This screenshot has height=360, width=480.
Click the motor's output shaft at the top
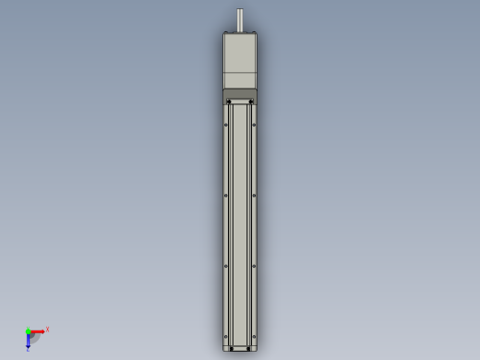coord(240,20)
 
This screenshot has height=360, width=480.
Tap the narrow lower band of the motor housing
coord(240,81)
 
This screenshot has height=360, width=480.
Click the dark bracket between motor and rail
coord(240,95)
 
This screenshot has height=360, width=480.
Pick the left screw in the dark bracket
coord(228,102)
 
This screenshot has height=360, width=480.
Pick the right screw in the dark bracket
coord(252,102)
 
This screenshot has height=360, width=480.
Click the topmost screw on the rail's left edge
coord(226,126)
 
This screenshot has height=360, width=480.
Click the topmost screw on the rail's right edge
coord(254,126)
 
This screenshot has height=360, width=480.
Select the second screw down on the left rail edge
coord(226,196)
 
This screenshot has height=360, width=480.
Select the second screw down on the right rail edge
coord(254,196)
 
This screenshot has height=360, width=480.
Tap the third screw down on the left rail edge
coord(226,267)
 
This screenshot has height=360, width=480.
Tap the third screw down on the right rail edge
coord(254,267)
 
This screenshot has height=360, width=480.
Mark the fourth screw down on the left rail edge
coord(226,337)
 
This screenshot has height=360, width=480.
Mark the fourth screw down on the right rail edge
coord(254,337)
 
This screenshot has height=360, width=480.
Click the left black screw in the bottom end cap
coord(228,347)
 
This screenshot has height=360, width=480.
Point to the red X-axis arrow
coord(38,331)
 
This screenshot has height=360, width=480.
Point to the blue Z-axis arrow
coord(28,342)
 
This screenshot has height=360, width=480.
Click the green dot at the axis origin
coord(28,331)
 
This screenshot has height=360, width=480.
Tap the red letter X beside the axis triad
coord(47,329)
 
